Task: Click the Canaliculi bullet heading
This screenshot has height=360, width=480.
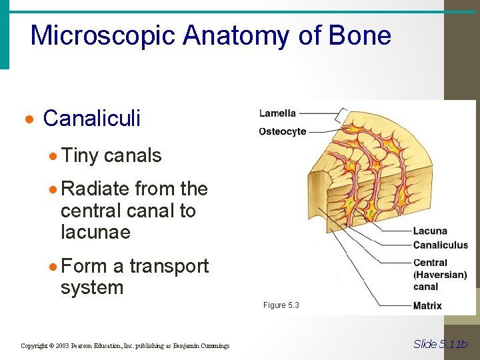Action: pos(91,119)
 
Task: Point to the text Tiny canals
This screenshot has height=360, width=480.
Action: pos(111,155)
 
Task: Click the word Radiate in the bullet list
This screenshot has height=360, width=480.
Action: pos(95,189)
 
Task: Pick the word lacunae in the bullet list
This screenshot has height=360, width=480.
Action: pos(95,233)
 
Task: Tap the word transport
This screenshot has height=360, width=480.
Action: pos(169,266)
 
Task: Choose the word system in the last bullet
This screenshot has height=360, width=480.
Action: pos(92,288)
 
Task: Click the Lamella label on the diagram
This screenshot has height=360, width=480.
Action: pos(277,113)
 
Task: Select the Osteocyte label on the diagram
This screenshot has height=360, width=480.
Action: pos(283,131)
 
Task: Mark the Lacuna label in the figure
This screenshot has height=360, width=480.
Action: pos(430,231)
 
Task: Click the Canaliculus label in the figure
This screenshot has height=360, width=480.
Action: pos(441,245)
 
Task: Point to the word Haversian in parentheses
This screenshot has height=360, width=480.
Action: pos(440,275)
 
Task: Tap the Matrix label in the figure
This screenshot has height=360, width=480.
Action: pos(427,306)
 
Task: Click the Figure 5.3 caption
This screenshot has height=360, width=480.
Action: pos(281,305)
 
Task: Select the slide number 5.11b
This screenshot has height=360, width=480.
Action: pos(452,344)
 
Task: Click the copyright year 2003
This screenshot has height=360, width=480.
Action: pos(61,345)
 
